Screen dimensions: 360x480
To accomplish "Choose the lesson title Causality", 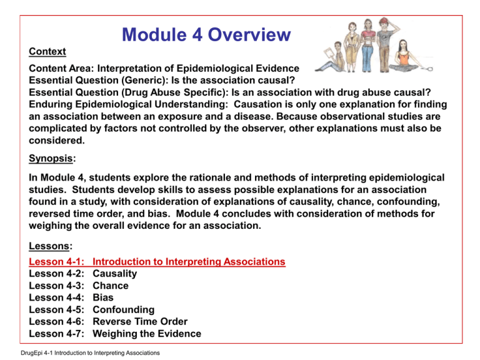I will click(x=114, y=274).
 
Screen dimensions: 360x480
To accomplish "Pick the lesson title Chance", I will click(x=110, y=286).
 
